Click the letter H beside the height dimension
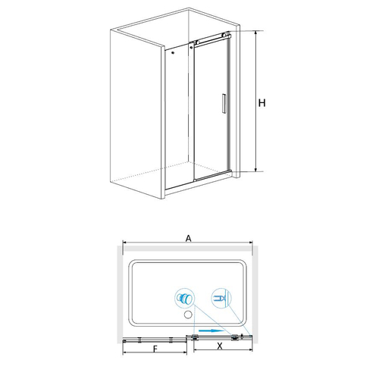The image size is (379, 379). pyautogui.click(x=262, y=103)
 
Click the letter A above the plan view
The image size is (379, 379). pyautogui.click(x=189, y=238)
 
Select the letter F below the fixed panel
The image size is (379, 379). pyautogui.click(x=155, y=349)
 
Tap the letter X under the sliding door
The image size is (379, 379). pyautogui.click(x=220, y=346)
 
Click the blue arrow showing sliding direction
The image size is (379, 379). pyautogui.click(x=211, y=330)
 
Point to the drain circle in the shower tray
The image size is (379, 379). pyautogui.click(x=188, y=315)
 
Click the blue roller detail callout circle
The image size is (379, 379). pyautogui.click(x=185, y=298)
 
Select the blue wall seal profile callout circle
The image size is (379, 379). pyautogui.click(x=221, y=298)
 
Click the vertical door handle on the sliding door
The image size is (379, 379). pyautogui.click(x=224, y=103)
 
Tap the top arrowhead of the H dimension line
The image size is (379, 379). pyautogui.click(x=256, y=33)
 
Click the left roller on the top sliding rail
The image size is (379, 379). pyautogui.click(x=198, y=42)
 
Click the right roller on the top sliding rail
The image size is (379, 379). pyautogui.click(x=224, y=35)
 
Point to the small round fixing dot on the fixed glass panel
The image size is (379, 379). pyautogui.click(x=173, y=53)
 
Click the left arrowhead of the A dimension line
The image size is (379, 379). pyautogui.click(x=124, y=243)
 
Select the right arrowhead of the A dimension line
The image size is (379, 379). pyautogui.click(x=251, y=243)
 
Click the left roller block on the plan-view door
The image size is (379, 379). pyautogui.click(x=195, y=337)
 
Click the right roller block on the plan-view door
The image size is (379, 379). pyautogui.click(x=235, y=337)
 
